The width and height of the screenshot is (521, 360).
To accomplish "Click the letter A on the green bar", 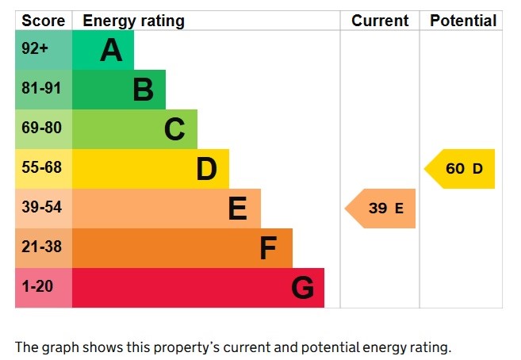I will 111,50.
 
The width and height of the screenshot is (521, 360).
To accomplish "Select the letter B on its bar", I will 143,90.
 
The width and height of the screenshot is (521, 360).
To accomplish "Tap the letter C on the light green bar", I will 174,129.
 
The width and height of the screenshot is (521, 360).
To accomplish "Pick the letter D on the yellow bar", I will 206,169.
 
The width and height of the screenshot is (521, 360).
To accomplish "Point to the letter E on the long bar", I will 237,209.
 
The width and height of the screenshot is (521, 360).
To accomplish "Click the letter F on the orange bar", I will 268,248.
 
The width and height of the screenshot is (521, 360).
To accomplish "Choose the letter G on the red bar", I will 302,288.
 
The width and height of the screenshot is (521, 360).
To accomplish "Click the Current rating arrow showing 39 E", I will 382,209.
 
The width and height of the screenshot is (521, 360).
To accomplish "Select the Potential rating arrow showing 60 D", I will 462,169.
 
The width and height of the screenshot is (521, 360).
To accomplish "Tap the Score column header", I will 43,21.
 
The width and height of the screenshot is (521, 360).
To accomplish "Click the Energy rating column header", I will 133,21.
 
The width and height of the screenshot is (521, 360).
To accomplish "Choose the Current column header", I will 380,21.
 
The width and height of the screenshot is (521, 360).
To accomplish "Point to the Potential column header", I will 463,21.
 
